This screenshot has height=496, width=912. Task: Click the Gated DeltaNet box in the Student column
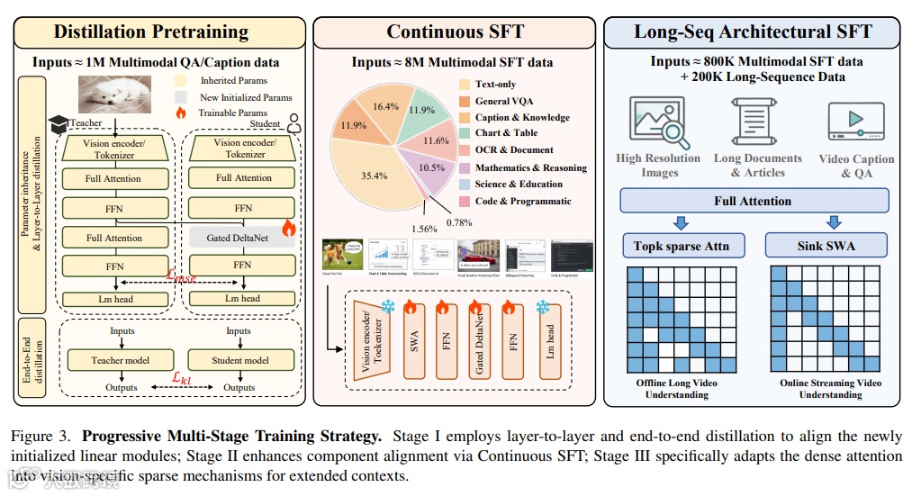point(242,237)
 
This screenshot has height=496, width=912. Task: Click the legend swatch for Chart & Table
point(464,133)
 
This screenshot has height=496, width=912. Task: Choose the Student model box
point(239,360)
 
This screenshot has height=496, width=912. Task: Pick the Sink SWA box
point(826,245)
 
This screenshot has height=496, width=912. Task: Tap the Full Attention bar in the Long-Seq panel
point(753,201)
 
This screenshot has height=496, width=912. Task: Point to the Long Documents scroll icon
point(756,121)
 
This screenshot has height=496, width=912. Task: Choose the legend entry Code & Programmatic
point(523,201)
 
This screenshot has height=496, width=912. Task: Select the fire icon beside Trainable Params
point(180,114)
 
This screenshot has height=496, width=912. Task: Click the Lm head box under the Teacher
point(113,298)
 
